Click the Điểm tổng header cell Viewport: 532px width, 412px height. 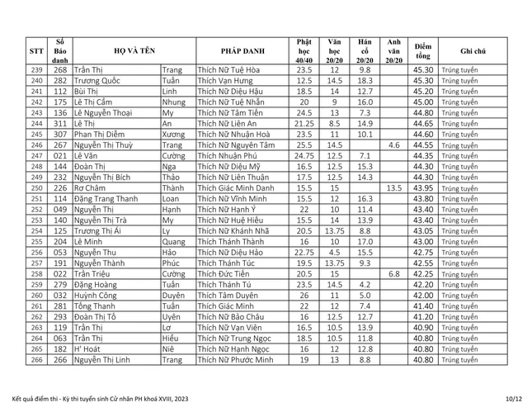pos(423,50)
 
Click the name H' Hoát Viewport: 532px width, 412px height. pos(87,349)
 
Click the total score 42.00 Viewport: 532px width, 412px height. pos(423,296)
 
